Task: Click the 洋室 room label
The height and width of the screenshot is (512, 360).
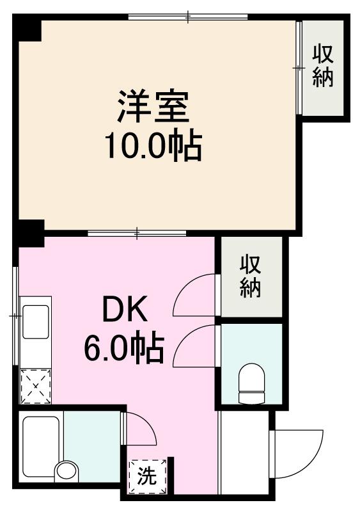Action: pyautogui.click(x=153, y=108)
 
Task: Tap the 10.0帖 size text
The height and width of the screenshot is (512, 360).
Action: pyautogui.click(x=153, y=147)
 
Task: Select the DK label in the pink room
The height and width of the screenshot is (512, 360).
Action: pyautogui.click(x=126, y=311)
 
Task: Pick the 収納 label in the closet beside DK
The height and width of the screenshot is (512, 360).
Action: pyautogui.click(x=251, y=276)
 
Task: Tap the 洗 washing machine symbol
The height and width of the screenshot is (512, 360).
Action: pyautogui.click(x=147, y=476)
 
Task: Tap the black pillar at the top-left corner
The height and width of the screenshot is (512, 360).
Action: pyautogui.click(x=28, y=29)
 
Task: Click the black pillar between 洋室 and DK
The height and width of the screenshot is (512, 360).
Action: pyautogui.click(x=30, y=233)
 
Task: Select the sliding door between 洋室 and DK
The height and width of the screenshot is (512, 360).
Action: pyautogui.click(x=137, y=233)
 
